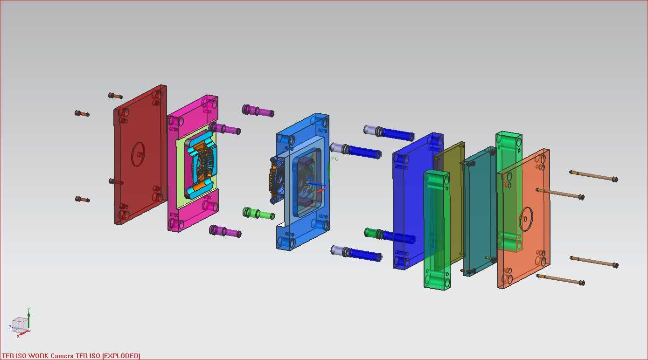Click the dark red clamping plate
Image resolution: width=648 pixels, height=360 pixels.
tap(140, 155)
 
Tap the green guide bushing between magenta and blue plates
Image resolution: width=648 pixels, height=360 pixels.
tap(258, 214)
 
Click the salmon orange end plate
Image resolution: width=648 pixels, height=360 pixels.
tap(523, 218)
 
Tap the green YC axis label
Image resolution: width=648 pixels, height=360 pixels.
tap(334, 159)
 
